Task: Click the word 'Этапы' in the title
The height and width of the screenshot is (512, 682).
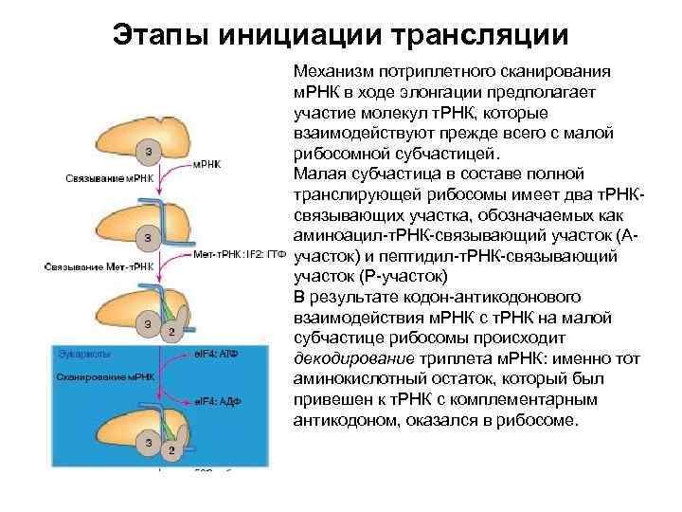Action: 158,34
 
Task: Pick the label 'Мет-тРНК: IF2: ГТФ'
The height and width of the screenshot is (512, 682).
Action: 240,255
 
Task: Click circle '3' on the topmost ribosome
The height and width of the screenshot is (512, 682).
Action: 144,150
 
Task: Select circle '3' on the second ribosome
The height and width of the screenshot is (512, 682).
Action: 144,235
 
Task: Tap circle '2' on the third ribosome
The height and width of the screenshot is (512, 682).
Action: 170,331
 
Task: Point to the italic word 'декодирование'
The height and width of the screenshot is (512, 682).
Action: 347,358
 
